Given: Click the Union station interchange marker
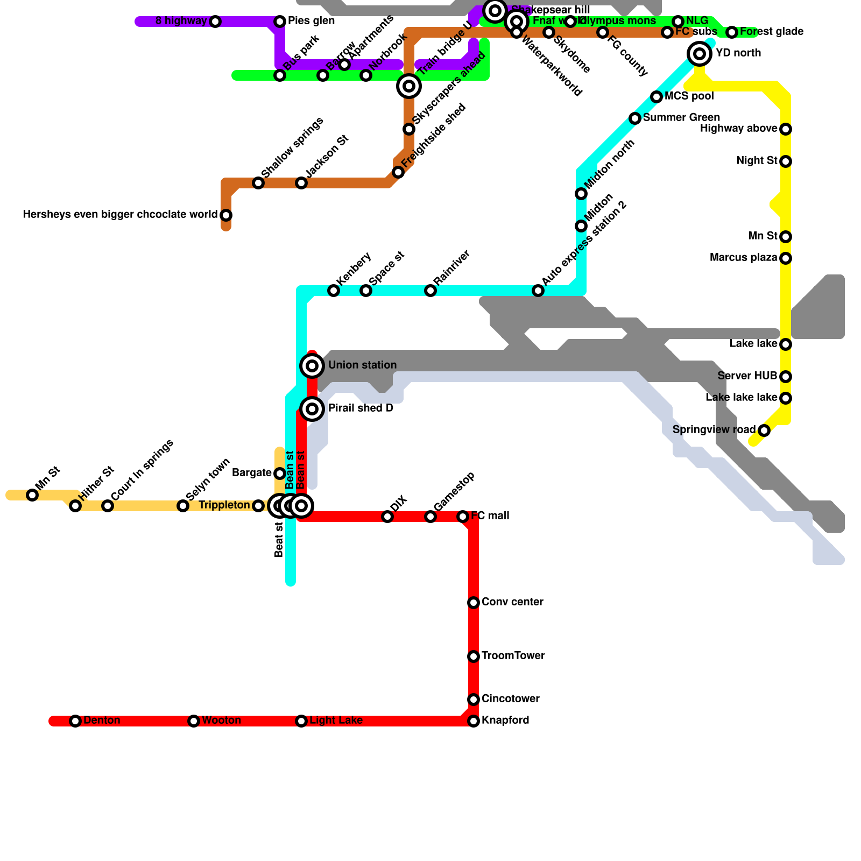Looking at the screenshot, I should pyautogui.click(x=312, y=366).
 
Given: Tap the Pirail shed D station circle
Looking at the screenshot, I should pyautogui.click(x=312, y=409).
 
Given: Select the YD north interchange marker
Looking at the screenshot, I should pyautogui.click(x=700, y=53).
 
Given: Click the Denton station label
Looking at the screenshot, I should pyautogui.click(x=102, y=721).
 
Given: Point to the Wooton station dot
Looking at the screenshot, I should pyautogui.click(x=194, y=721).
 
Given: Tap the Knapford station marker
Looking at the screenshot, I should pyautogui.click(x=474, y=721).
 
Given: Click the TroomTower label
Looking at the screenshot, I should pyautogui.click(x=513, y=656).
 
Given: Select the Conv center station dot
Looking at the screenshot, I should pyautogui.click(x=474, y=603).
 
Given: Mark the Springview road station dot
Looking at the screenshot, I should pyautogui.click(x=764, y=430).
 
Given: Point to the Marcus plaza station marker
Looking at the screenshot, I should pyautogui.click(x=786, y=258).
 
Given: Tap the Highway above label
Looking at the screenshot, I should pyautogui.click(x=738, y=129).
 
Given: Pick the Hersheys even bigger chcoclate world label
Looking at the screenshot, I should pyautogui.click(x=120, y=215).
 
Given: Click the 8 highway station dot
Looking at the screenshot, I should pyautogui.click(x=215, y=22).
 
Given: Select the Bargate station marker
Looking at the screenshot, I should pyautogui.click(x=280, y=474).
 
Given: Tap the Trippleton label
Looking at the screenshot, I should pyautogui.click(x=224, y=505).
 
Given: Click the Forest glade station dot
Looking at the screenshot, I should pyautogui.click(x=732, y=32).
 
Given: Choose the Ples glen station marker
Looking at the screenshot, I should pyautogui.click(x=280, y=22).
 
